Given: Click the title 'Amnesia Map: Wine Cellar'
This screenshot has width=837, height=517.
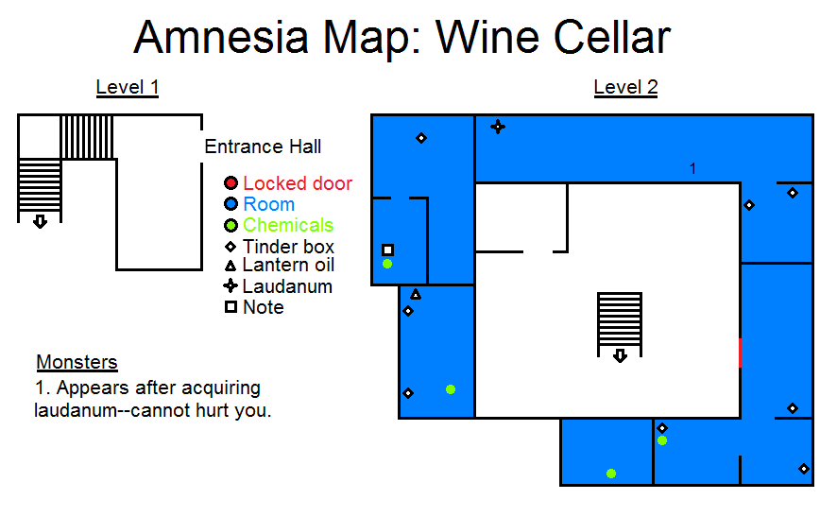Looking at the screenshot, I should (401, 39).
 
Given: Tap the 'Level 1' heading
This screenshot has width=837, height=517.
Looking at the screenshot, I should (127, 88).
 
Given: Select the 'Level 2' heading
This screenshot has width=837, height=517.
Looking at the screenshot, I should (625, 88).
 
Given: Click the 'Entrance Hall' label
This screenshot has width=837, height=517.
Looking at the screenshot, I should (263, 146).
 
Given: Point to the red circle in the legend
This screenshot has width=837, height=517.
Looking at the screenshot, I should (230, 183).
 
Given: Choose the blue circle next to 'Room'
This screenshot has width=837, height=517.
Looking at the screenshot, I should (230, 204).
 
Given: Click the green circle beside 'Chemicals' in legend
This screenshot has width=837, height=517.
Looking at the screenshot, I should (230, 225).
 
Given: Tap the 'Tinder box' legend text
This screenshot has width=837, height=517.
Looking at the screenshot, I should (288, 247).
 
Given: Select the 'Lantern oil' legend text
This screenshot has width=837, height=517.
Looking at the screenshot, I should (288, 266).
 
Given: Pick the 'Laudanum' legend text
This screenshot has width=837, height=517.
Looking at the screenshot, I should (287, 286).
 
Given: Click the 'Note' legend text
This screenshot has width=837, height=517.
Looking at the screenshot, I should (263, 307).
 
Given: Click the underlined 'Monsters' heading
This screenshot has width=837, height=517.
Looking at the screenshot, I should (77, 362).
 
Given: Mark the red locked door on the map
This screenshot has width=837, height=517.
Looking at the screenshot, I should (740, 352).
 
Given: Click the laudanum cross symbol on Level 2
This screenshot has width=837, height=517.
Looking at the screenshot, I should (497, 127).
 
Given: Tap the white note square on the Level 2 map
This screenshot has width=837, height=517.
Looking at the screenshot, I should (387, 250).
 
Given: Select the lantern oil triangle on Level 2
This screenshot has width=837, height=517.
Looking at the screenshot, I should (416, 295).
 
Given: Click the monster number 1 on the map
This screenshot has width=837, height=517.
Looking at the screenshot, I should (692, 169).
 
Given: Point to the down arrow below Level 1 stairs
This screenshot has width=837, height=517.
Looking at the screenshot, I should (40, 222).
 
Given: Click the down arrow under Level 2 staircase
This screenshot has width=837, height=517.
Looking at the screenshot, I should (620, 356).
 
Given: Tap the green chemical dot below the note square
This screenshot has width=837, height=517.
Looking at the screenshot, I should (387, 264).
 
